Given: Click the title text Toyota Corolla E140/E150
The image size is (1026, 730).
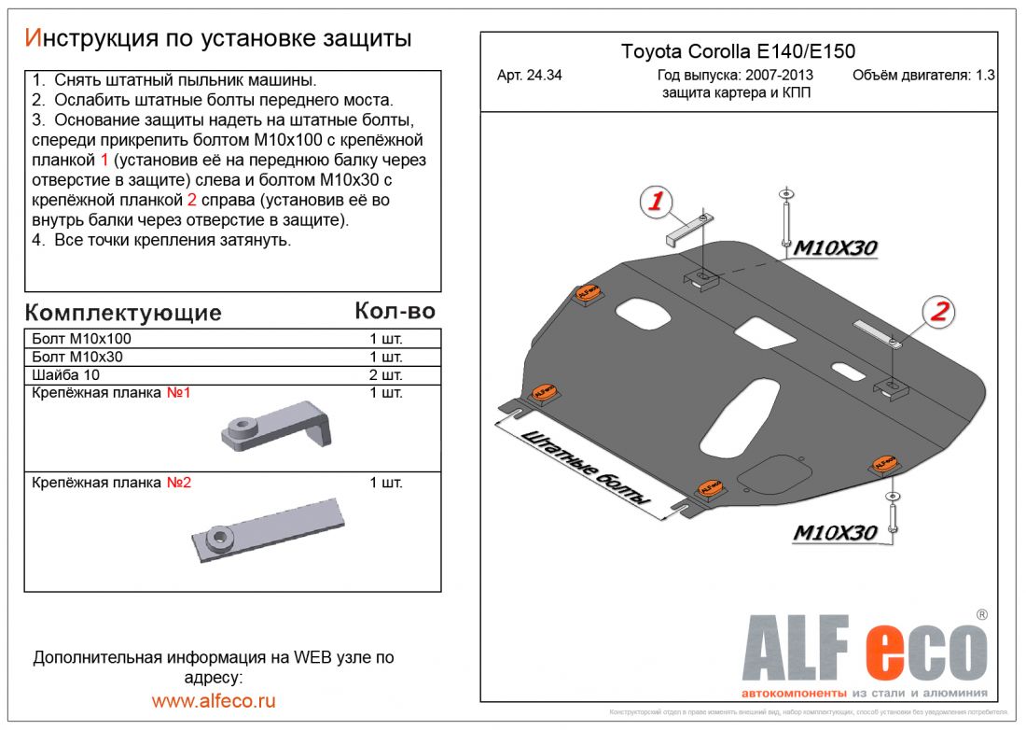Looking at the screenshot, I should point(738,52).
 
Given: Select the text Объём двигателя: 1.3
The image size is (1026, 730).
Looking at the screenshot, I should point(923,76).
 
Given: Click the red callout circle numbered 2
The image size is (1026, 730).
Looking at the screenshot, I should point(938,311).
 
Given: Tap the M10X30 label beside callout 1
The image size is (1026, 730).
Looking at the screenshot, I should point(835,247).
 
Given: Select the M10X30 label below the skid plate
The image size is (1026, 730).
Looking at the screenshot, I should point(835,533).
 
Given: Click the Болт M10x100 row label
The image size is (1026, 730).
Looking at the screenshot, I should point(81,339).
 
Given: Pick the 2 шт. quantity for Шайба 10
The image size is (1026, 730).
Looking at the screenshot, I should point(385,374).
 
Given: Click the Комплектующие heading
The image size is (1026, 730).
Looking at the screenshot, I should point(123,312).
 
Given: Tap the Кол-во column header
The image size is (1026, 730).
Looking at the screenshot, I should point(395,311).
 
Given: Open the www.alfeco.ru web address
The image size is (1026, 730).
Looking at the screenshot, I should point(214,700).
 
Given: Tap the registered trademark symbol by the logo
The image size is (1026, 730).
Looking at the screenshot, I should point(981,614).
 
